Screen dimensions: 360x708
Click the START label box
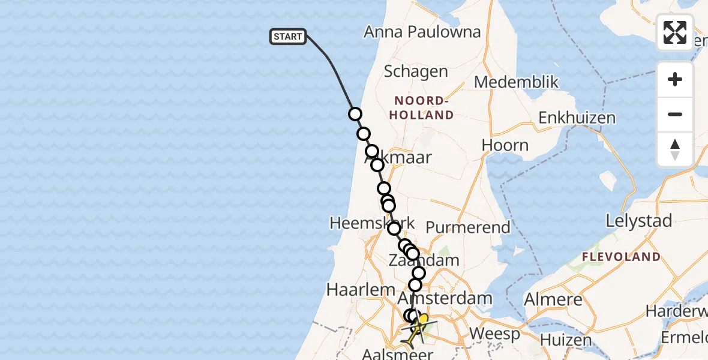tap(288, 37)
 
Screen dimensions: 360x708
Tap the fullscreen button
tap(675, 32)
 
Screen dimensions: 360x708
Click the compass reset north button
tap(675, 149)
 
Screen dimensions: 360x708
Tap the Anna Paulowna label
tap(422, 32)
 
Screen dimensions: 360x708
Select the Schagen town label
tap(416, 71)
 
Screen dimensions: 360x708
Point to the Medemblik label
tap(517, 82)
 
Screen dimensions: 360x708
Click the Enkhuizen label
tap(577, 118)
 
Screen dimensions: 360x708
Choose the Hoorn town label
tap(505, 145)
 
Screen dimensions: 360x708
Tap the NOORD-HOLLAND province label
tap(421, 107)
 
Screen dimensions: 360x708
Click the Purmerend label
tap(468, 227)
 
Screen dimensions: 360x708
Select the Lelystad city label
tap(639, 221)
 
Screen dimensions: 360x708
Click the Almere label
tap(553, 299)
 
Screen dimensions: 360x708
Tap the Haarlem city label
tap(361, 290)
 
